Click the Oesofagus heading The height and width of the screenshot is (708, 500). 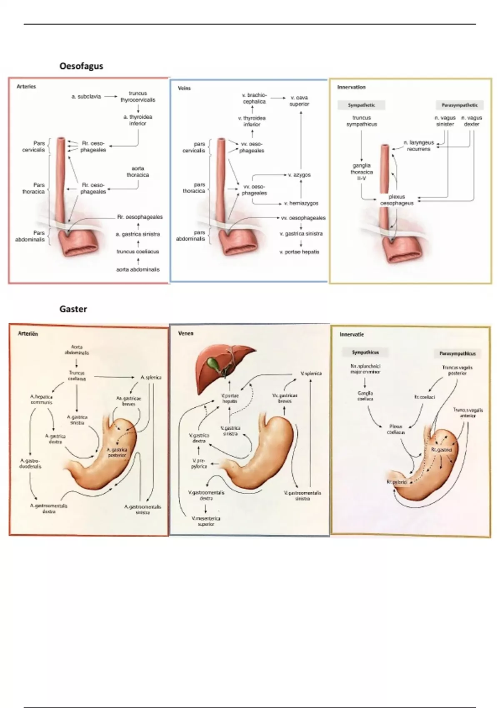point(81,66)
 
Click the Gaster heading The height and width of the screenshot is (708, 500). point(73,309)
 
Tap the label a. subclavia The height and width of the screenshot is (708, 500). point(86,96)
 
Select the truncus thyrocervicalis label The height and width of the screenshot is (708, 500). point(137,97)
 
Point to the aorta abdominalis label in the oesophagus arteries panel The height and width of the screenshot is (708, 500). point(137,269)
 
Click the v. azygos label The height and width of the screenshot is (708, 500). point(299,175)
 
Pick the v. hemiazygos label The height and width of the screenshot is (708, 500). point(301,203)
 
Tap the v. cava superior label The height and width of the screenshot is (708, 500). point(299,101)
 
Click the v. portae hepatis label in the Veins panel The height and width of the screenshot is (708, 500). point(299,252)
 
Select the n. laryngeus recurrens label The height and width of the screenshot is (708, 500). point(418,145)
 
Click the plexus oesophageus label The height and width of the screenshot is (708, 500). point(397,200)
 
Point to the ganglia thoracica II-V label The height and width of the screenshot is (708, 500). point(361,172)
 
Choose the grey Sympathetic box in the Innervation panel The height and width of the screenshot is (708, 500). point(361,105)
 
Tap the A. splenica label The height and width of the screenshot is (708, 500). point(151,377)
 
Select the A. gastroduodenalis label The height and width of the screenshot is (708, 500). point(30,464)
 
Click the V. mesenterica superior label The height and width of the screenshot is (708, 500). point(206,521)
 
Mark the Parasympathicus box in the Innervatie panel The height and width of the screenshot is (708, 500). point(457,354)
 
